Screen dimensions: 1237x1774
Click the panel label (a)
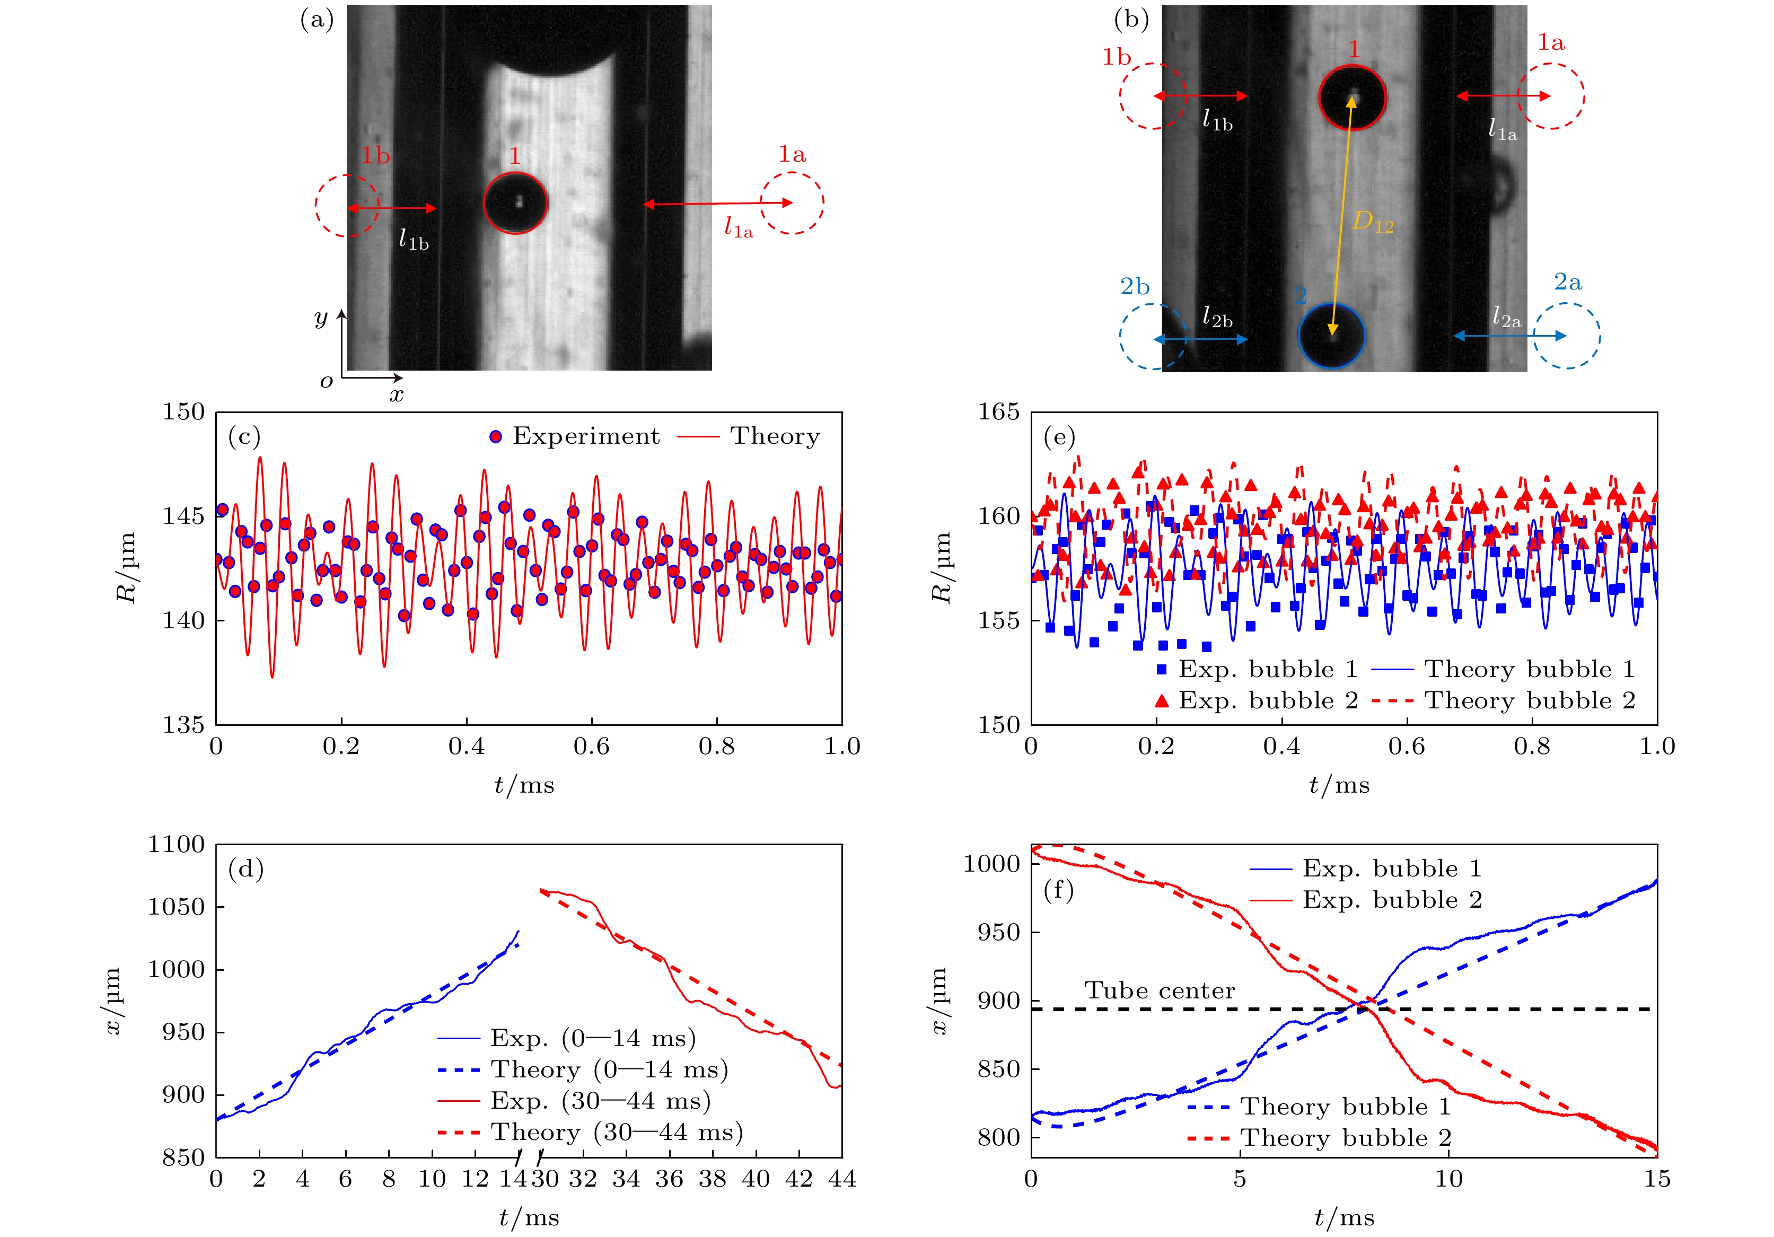pos(317,20)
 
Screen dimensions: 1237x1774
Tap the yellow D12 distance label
pos(1372,223)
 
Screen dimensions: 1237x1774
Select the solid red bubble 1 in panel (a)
pos(515,203)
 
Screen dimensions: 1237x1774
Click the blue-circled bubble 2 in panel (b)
pos(1331,336)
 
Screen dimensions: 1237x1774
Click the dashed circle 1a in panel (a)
pos(792,203)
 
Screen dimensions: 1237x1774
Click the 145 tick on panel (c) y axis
pos(183,516)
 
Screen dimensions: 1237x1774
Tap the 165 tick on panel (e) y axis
pos(998,412)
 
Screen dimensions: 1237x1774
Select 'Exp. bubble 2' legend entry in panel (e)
pos(1257,701)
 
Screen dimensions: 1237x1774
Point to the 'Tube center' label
pos(1159,990)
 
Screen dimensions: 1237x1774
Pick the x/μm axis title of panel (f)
pos(938,1001)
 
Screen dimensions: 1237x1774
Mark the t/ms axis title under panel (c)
pos(525,785)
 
